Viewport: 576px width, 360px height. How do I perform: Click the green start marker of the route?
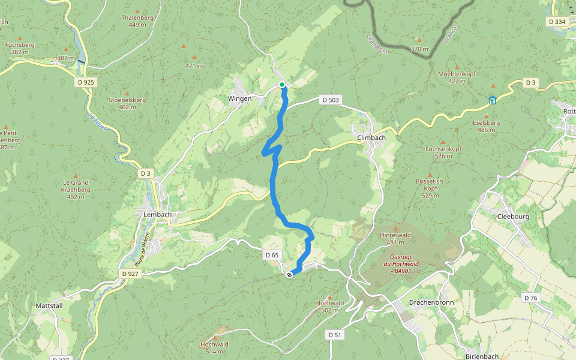click(282, 85)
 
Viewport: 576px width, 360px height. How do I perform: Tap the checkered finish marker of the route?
click(289, 275)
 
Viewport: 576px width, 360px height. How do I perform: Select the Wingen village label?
click(239, 98)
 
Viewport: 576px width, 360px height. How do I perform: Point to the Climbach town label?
click(371, 137)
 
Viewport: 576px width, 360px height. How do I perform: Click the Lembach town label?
click(158, 214)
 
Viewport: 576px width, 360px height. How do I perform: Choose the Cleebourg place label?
click(514, 217)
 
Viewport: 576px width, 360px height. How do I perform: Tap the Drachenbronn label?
click(431, 302)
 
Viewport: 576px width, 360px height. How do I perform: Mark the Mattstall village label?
click(50, 305)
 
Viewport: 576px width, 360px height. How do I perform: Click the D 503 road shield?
click(330, 100)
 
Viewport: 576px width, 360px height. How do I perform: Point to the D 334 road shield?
click(557, 22)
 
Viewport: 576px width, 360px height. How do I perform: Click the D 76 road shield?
click(530, 298)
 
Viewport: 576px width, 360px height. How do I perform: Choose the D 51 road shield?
click(335, 334)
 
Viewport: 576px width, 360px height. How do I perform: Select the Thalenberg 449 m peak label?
click(137, 21)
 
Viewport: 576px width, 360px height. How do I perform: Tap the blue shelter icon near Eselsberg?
click(492, 100)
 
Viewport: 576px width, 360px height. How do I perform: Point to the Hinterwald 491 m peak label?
click(395, 238)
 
